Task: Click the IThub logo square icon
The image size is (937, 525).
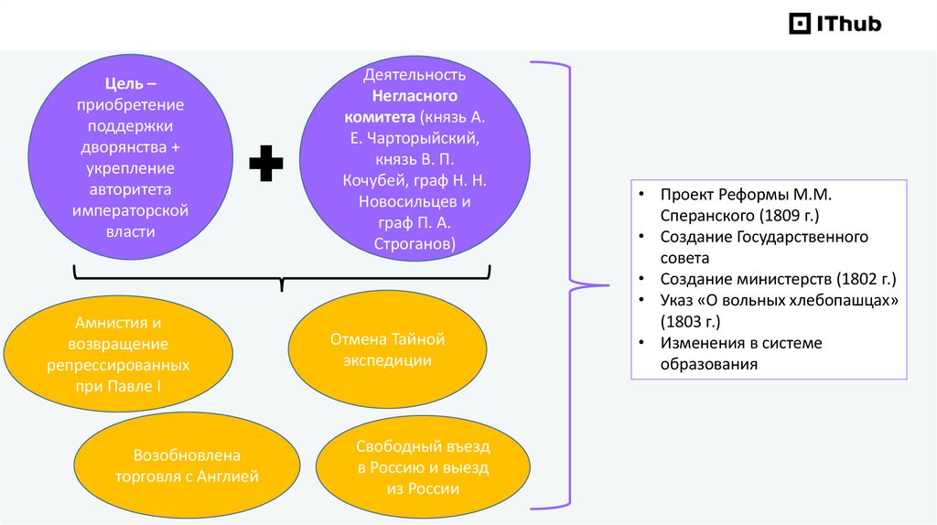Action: point(800,23)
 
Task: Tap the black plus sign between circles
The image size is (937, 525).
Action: point(266,163)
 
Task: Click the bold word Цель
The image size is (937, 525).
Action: point(124,83)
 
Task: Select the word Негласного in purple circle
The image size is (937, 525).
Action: point(415,96)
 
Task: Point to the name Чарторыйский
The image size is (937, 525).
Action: point(423,138)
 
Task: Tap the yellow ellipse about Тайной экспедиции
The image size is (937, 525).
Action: point(387,349)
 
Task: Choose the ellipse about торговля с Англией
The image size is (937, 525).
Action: point(187,466)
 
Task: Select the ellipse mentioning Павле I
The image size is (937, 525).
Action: point(118,354)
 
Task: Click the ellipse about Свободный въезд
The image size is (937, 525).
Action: point(423,467)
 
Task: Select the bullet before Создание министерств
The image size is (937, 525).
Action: point(641,279)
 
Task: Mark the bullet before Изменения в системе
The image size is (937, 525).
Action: point(641,343)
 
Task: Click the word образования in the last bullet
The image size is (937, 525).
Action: point(709,364)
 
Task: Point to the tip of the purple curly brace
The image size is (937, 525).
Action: point(609,285)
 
